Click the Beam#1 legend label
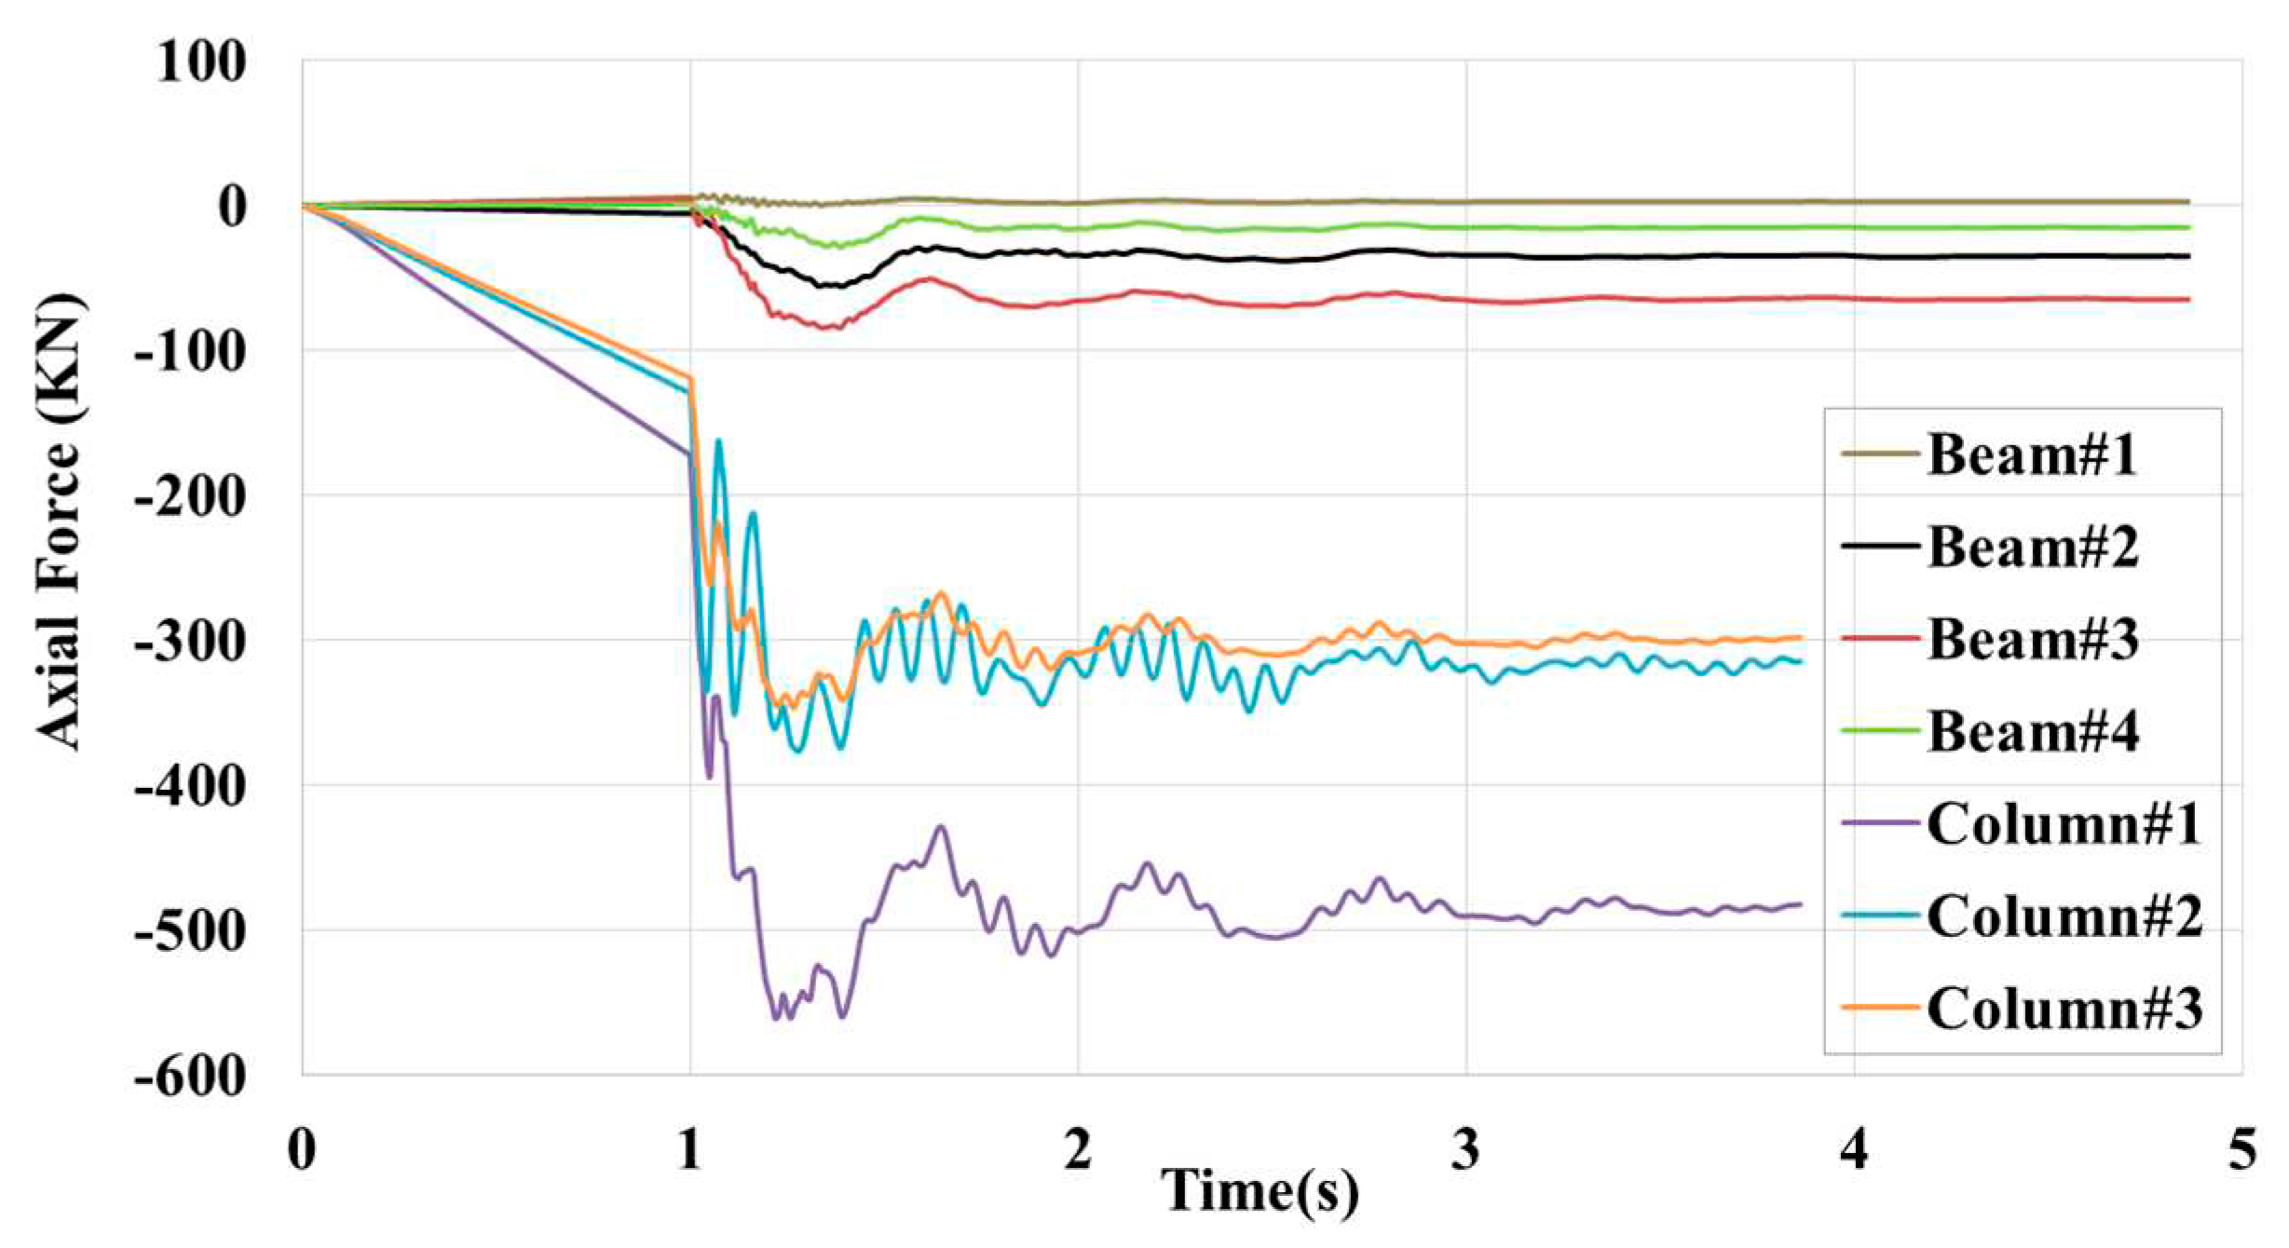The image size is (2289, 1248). coord(2031,455)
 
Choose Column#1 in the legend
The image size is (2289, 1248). coord(2064,824)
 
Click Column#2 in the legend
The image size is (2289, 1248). coord(2064,916)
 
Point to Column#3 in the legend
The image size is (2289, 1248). coord(2064,1009)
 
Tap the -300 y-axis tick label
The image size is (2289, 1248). coord(191,642)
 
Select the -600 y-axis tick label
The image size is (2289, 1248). coord(191,1078)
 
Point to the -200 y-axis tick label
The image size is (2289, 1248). coord(191,497)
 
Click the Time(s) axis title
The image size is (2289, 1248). coord(1260,1192)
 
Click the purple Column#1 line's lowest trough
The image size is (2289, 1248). coord(776,1019)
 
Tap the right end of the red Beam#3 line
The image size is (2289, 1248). coord(2189,299)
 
